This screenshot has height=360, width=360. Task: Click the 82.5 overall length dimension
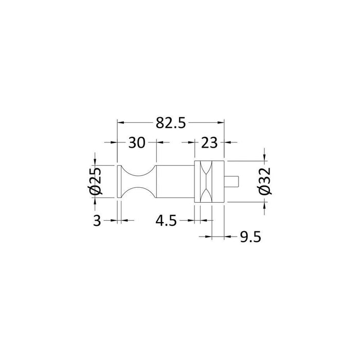[171, 123]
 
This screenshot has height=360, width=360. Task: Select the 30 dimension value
[137, 142]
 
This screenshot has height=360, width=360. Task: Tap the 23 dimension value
[209, 142]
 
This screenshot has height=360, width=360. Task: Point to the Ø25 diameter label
[95, 182]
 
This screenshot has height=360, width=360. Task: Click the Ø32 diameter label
[265, 182]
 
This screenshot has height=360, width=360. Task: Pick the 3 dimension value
[97, 221]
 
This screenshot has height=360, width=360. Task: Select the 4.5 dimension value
[166, 221]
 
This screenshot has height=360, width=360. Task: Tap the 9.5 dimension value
[250, 237]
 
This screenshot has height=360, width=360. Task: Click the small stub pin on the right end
[231, 181]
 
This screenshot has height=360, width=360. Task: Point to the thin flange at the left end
[119, 182]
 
